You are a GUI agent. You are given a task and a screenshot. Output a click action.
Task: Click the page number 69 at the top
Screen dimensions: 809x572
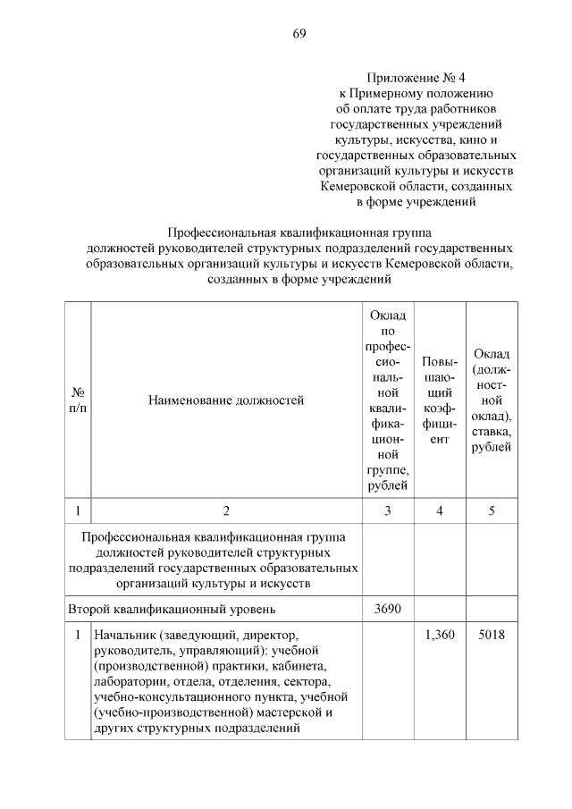(299, 34)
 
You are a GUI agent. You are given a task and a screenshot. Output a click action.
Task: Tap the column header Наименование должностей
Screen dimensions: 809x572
(225, 400)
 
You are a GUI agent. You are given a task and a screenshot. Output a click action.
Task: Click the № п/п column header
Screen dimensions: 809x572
(78, 400)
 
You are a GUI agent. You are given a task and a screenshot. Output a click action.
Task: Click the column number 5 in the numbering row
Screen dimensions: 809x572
(490, 510)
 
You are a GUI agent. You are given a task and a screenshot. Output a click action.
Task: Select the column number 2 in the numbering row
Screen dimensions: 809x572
(225, 510)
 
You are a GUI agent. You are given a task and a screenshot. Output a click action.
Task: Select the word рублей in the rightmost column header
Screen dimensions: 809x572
(491, 447)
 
